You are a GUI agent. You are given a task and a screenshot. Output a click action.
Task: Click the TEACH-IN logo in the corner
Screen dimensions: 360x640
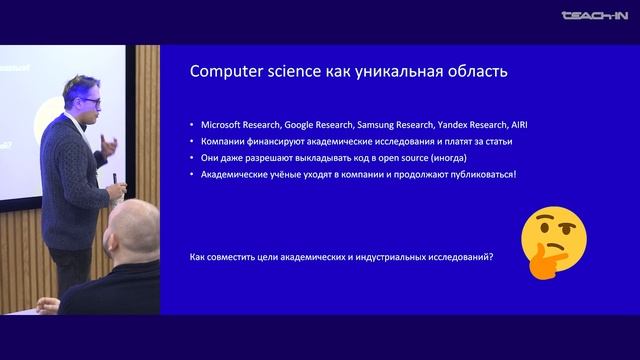pos(595,15)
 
